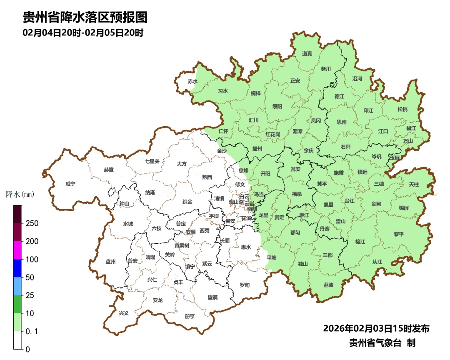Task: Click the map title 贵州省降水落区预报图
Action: (85, 17)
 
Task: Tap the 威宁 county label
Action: (71, 184)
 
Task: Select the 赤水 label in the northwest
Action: (192, 82)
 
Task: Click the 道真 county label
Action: (307, 54)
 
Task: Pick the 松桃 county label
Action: (402, 109)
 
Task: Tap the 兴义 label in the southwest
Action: (124, 313)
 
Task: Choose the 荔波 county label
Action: (328, 285)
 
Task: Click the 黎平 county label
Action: (399, 234)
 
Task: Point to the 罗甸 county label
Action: (245, 285)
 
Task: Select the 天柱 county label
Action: (414, 184)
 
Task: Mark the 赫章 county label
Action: (108, 170)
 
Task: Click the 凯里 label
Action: (328, 205)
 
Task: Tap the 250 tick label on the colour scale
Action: (32, 223)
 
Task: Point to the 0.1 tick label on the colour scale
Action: (32, 331)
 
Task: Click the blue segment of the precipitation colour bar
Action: (17, 268)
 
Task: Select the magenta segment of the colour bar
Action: (17, 250)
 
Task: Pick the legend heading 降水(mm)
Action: (20, 195)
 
